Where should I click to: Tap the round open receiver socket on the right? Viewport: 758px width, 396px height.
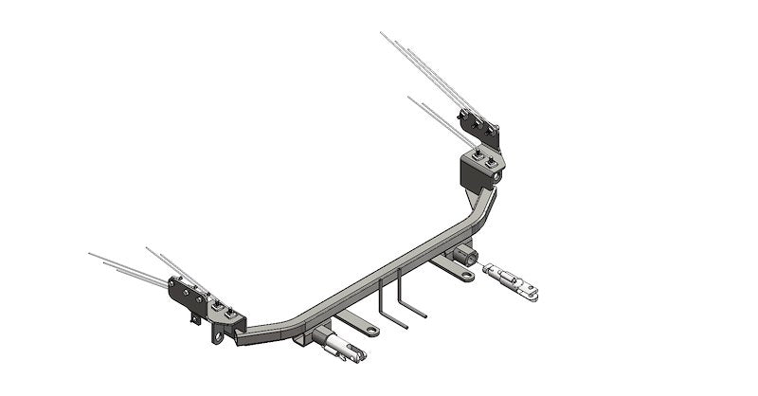pos(465,256)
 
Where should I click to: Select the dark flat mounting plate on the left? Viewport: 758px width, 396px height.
pos(187,297)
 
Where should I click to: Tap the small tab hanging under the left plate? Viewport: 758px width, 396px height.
pos(195,319)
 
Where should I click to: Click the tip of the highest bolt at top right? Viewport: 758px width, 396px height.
pos(382,33)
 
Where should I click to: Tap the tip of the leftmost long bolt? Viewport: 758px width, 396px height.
pos(89,254)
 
